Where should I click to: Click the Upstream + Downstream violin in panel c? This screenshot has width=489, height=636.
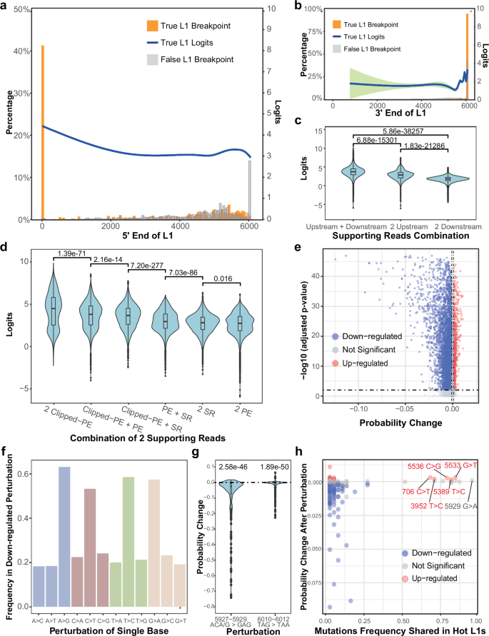[x=353, y=172]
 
